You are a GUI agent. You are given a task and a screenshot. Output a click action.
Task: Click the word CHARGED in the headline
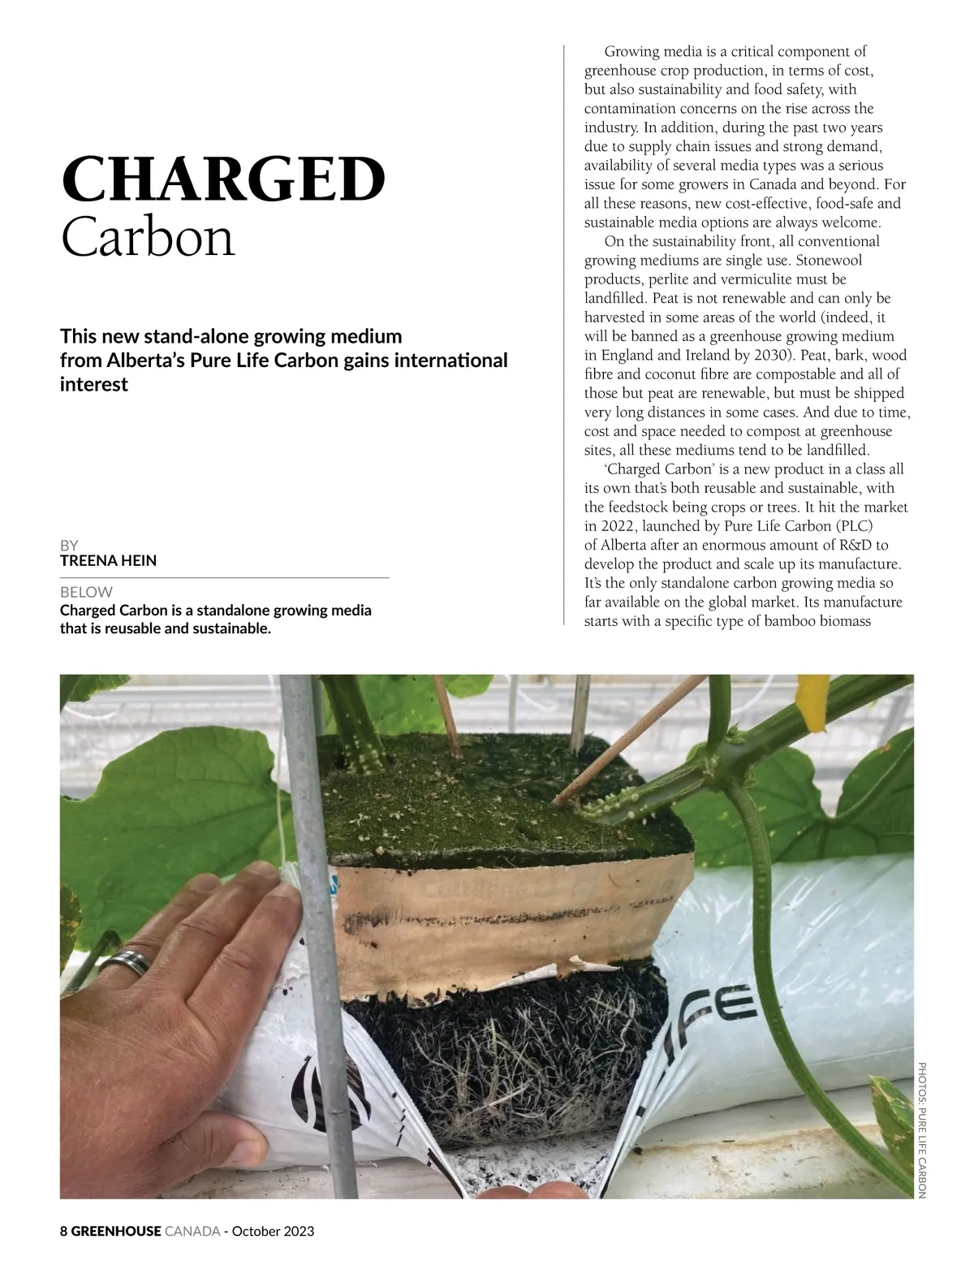click(x=223, y=179)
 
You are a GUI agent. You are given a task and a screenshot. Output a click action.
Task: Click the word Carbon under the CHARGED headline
click(x=148, y=237)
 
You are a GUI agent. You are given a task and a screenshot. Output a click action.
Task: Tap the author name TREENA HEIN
click(x=108, y=560)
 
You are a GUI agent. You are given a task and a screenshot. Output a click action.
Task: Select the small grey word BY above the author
click(x=69, y=546)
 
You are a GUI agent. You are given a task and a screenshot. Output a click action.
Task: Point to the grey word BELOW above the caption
click(x=86, y=592)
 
